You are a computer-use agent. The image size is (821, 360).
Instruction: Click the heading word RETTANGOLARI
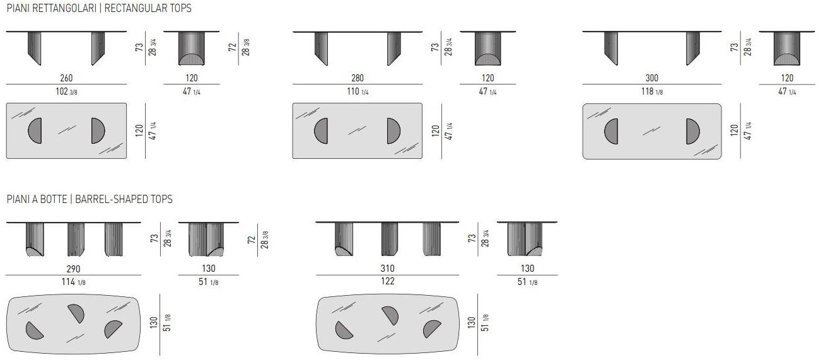(64, 8)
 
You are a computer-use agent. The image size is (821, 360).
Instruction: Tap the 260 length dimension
(66, 78)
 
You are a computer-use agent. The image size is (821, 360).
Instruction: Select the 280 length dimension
(358, 78)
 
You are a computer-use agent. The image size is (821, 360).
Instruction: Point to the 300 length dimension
(651, 78)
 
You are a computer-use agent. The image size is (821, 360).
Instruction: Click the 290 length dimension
(73, 269)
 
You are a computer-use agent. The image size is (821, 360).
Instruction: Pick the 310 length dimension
(387, 269)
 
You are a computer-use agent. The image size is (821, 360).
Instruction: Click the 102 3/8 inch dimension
(66, 91)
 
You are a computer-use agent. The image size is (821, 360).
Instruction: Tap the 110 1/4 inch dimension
(358, 91)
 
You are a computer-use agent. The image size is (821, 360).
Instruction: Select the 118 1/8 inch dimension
(652, 91)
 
